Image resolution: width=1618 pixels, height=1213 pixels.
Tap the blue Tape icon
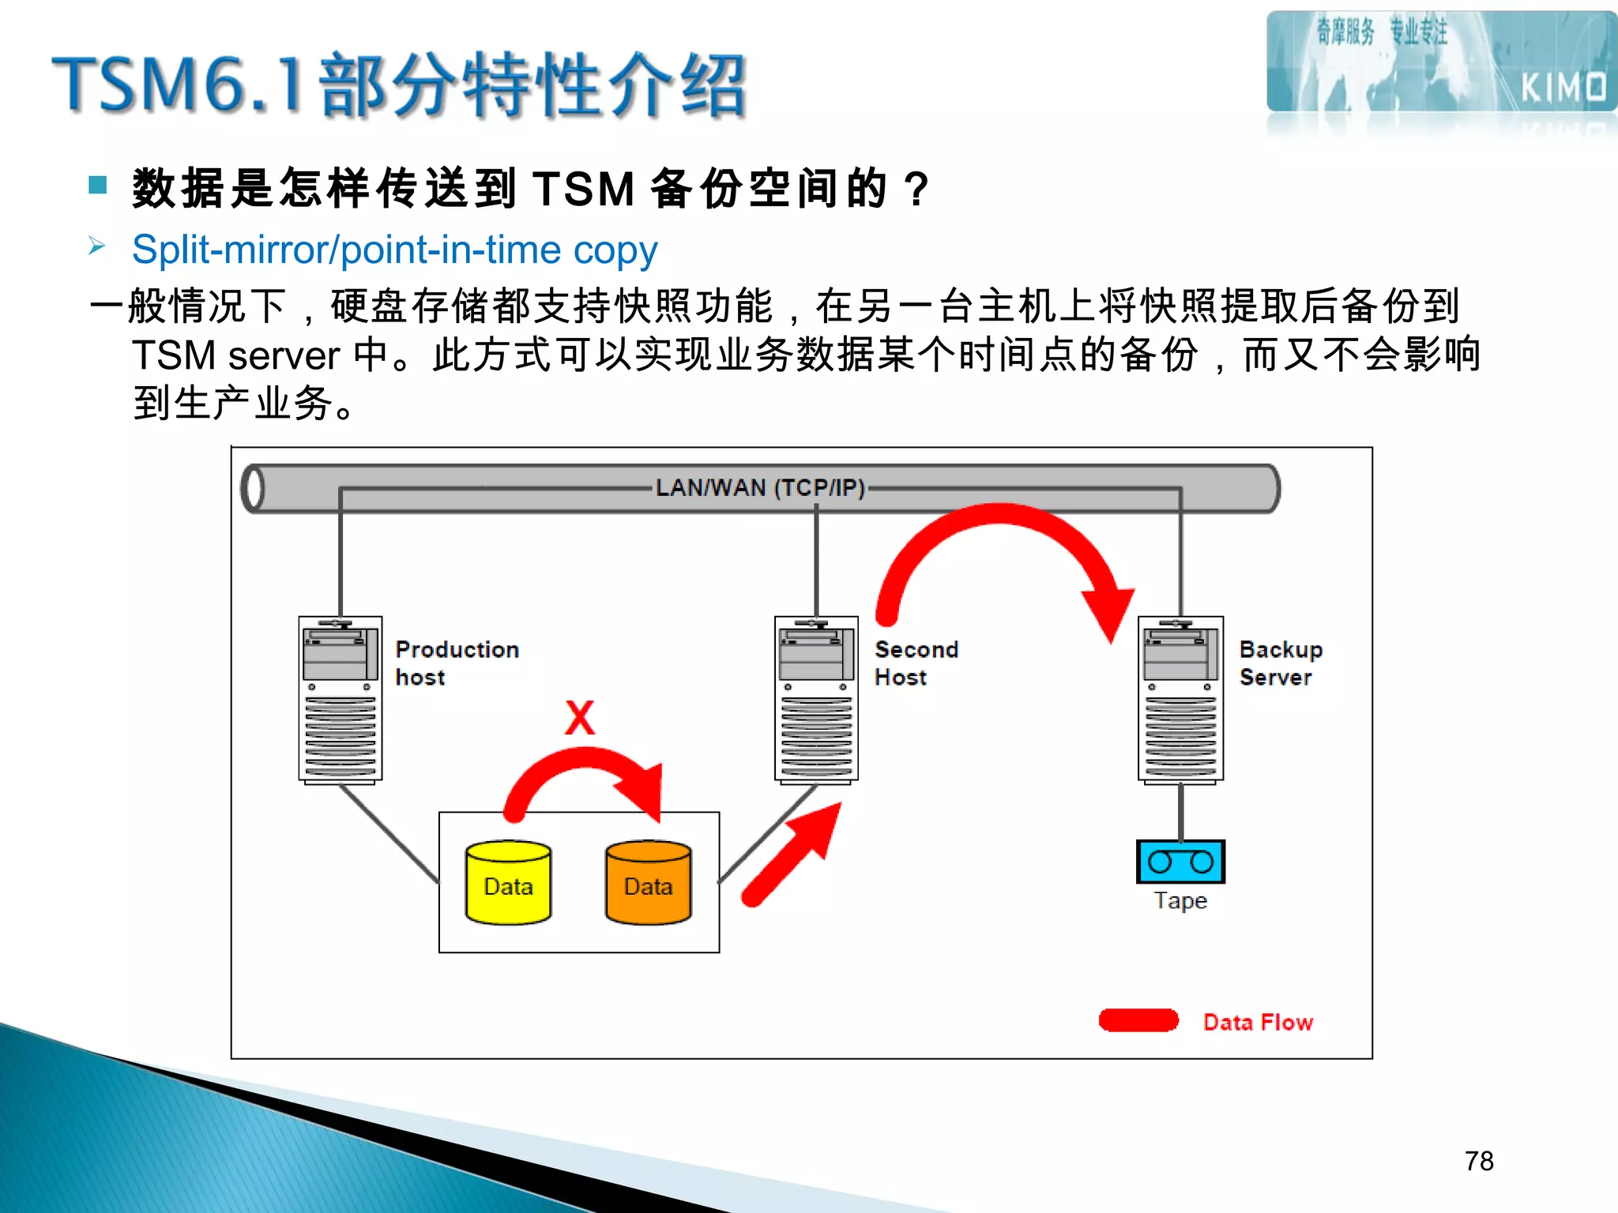pos(1180,862)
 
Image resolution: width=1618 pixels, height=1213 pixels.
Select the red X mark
pos(580,718)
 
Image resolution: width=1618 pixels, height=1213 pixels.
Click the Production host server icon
pos(341,700)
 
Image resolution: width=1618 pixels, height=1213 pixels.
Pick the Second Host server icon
pos(816,700)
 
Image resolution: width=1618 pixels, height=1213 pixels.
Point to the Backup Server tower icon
pos(1180,700)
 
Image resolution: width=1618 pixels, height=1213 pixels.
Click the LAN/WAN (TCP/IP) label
pos(760,488)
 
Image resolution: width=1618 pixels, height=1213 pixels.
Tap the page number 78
pos(1479,1161)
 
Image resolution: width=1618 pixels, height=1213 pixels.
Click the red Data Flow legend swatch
pos(1138,1020)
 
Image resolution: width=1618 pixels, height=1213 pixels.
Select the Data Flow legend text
pos(1258,1022)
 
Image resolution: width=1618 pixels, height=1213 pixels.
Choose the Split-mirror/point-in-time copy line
pos(394,250)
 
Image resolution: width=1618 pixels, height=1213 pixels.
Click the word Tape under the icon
pos(1180,901)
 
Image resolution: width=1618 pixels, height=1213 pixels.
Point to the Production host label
pos(457,663)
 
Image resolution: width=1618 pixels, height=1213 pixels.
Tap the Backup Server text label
pos(1280,663)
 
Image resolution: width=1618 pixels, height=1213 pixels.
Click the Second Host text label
pos(916,663)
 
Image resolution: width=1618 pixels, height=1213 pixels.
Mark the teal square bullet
pos(98,186)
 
